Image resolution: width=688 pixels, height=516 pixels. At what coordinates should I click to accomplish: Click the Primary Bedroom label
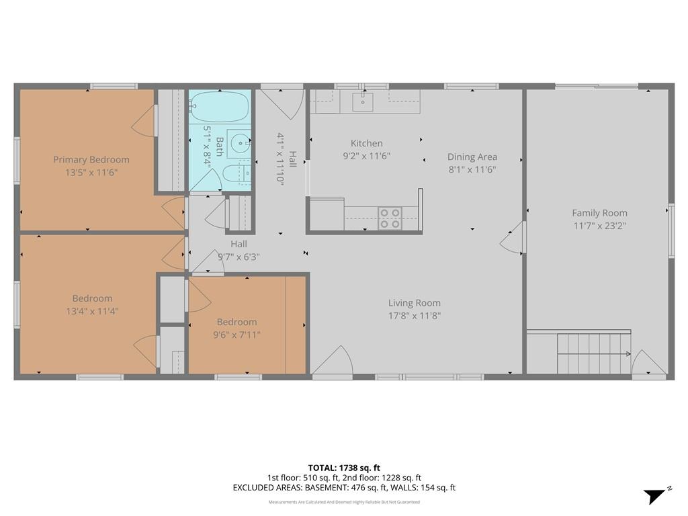91,160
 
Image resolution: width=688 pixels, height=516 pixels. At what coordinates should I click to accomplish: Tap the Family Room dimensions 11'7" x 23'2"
599,226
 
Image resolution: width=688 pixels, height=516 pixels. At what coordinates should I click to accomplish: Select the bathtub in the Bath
220,107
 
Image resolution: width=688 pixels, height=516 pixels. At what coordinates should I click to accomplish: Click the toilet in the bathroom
236,175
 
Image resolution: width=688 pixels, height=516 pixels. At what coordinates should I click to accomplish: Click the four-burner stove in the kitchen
390,218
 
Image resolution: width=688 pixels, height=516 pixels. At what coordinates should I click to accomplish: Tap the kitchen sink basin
363,102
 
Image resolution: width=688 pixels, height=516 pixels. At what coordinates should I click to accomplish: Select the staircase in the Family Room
595,353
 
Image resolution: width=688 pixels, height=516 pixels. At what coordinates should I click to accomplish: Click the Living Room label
414,303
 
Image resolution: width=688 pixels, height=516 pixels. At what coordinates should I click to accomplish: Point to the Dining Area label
472,157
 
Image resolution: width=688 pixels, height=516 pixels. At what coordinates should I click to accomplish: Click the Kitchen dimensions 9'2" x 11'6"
366,156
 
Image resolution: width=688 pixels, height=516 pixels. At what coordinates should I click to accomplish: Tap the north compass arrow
654,496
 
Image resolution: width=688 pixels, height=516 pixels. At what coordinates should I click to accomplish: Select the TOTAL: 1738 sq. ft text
344,468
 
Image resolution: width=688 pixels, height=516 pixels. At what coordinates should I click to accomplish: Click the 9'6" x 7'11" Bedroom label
236,322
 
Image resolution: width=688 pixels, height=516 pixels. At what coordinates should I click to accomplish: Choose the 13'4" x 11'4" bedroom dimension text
92,312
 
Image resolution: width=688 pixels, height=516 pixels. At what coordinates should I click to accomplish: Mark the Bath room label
220,147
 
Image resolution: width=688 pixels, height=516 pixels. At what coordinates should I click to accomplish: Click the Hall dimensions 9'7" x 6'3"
239,257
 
